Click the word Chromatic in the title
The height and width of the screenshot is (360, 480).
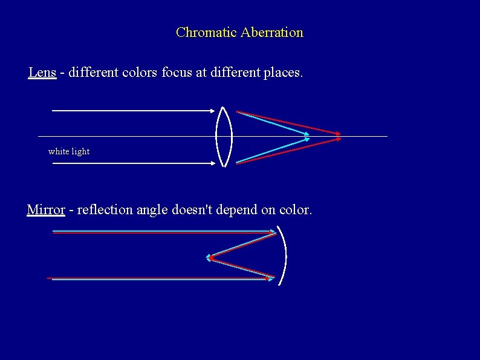206,33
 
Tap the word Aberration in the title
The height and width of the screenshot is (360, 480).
271,33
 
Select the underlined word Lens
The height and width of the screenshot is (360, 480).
42,73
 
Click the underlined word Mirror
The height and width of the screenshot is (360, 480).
46,210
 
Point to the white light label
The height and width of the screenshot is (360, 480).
69,151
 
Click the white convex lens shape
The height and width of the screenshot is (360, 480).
224,136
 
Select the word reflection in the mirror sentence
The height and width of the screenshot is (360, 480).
105,210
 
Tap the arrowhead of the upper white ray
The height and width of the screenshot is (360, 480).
213,111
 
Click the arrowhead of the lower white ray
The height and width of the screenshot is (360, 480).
213,163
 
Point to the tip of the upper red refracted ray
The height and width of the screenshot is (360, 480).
340,134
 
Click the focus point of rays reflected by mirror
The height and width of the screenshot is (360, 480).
209,258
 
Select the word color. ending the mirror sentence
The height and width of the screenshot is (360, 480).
295,210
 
